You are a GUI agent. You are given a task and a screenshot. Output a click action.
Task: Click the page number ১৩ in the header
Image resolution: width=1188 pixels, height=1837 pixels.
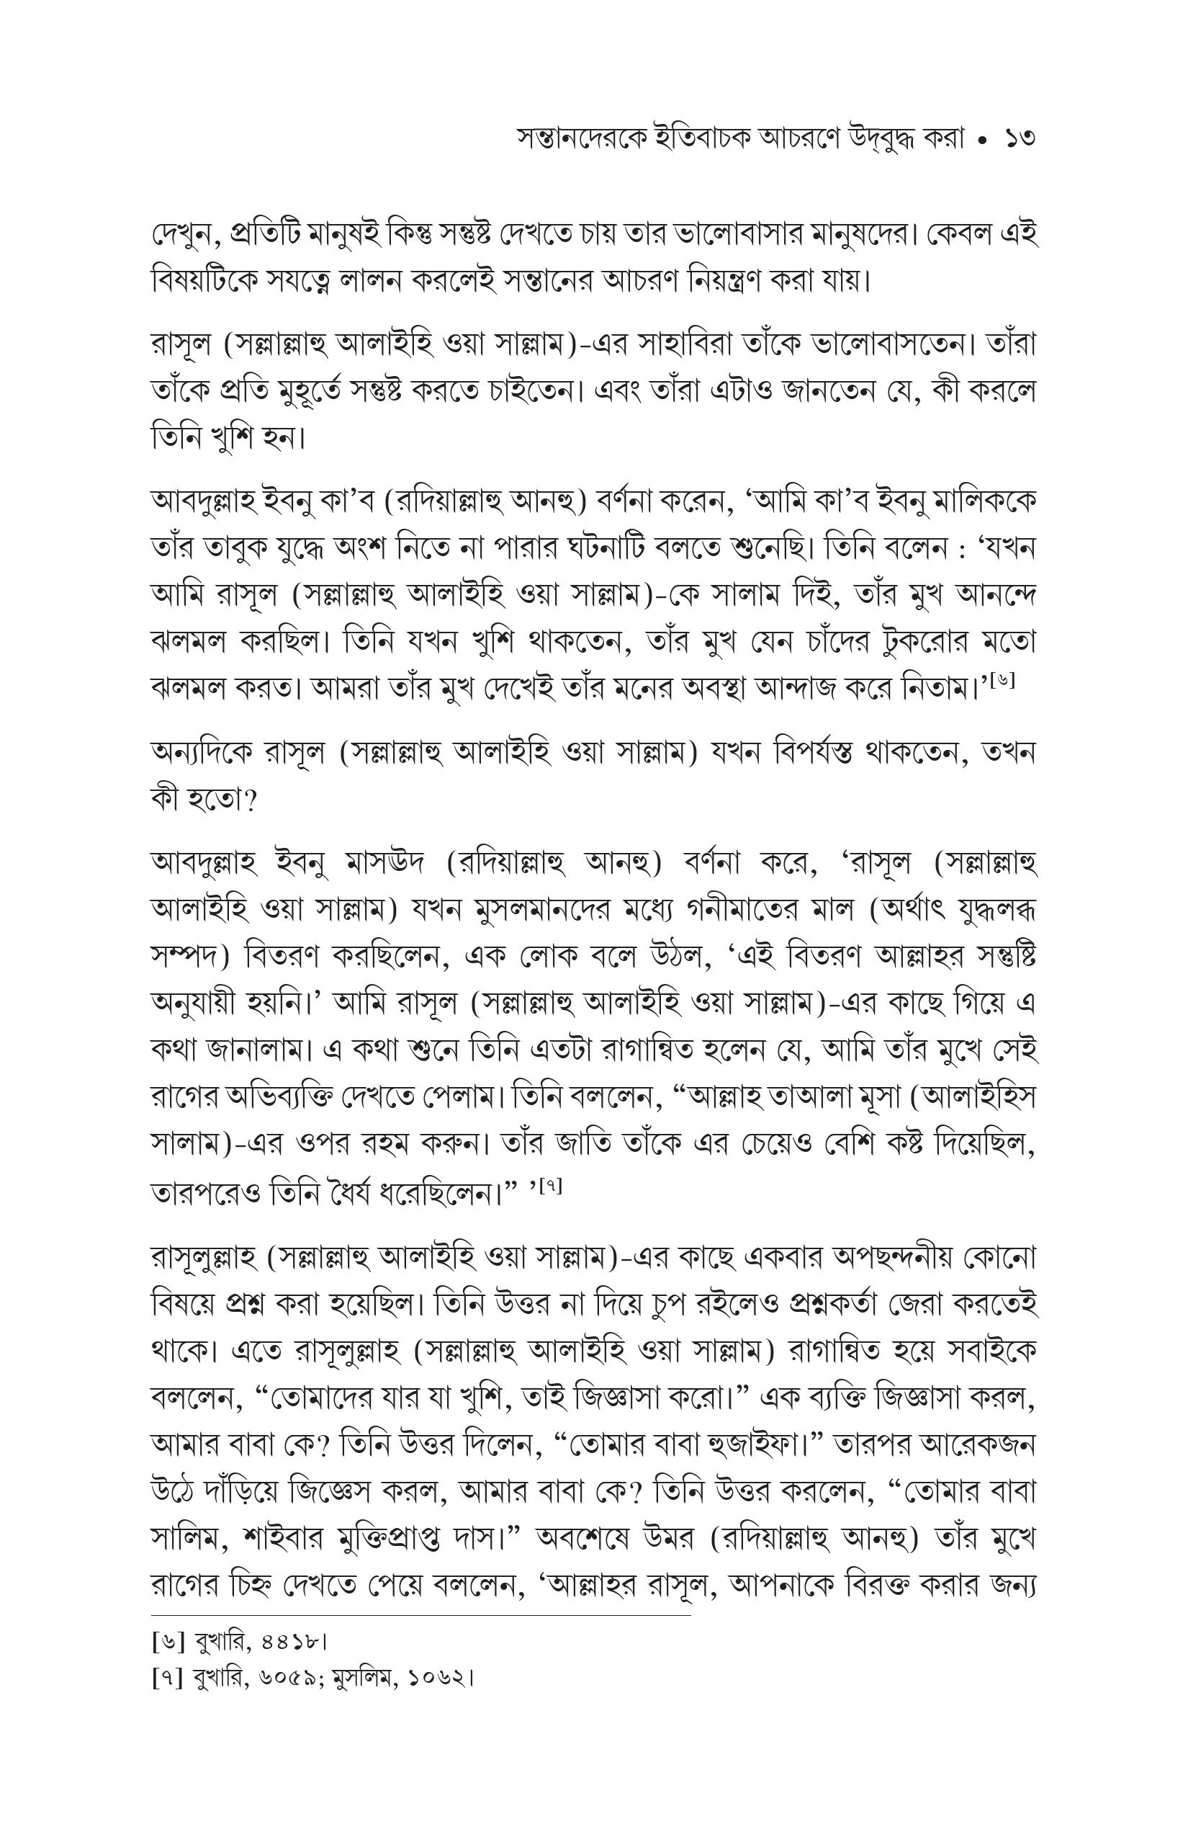coord(1017,140)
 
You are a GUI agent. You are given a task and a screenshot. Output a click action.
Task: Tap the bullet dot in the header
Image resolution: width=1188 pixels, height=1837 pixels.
coord(981,141)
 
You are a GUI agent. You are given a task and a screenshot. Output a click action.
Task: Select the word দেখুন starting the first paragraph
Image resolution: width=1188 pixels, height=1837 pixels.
coord(185,235)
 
